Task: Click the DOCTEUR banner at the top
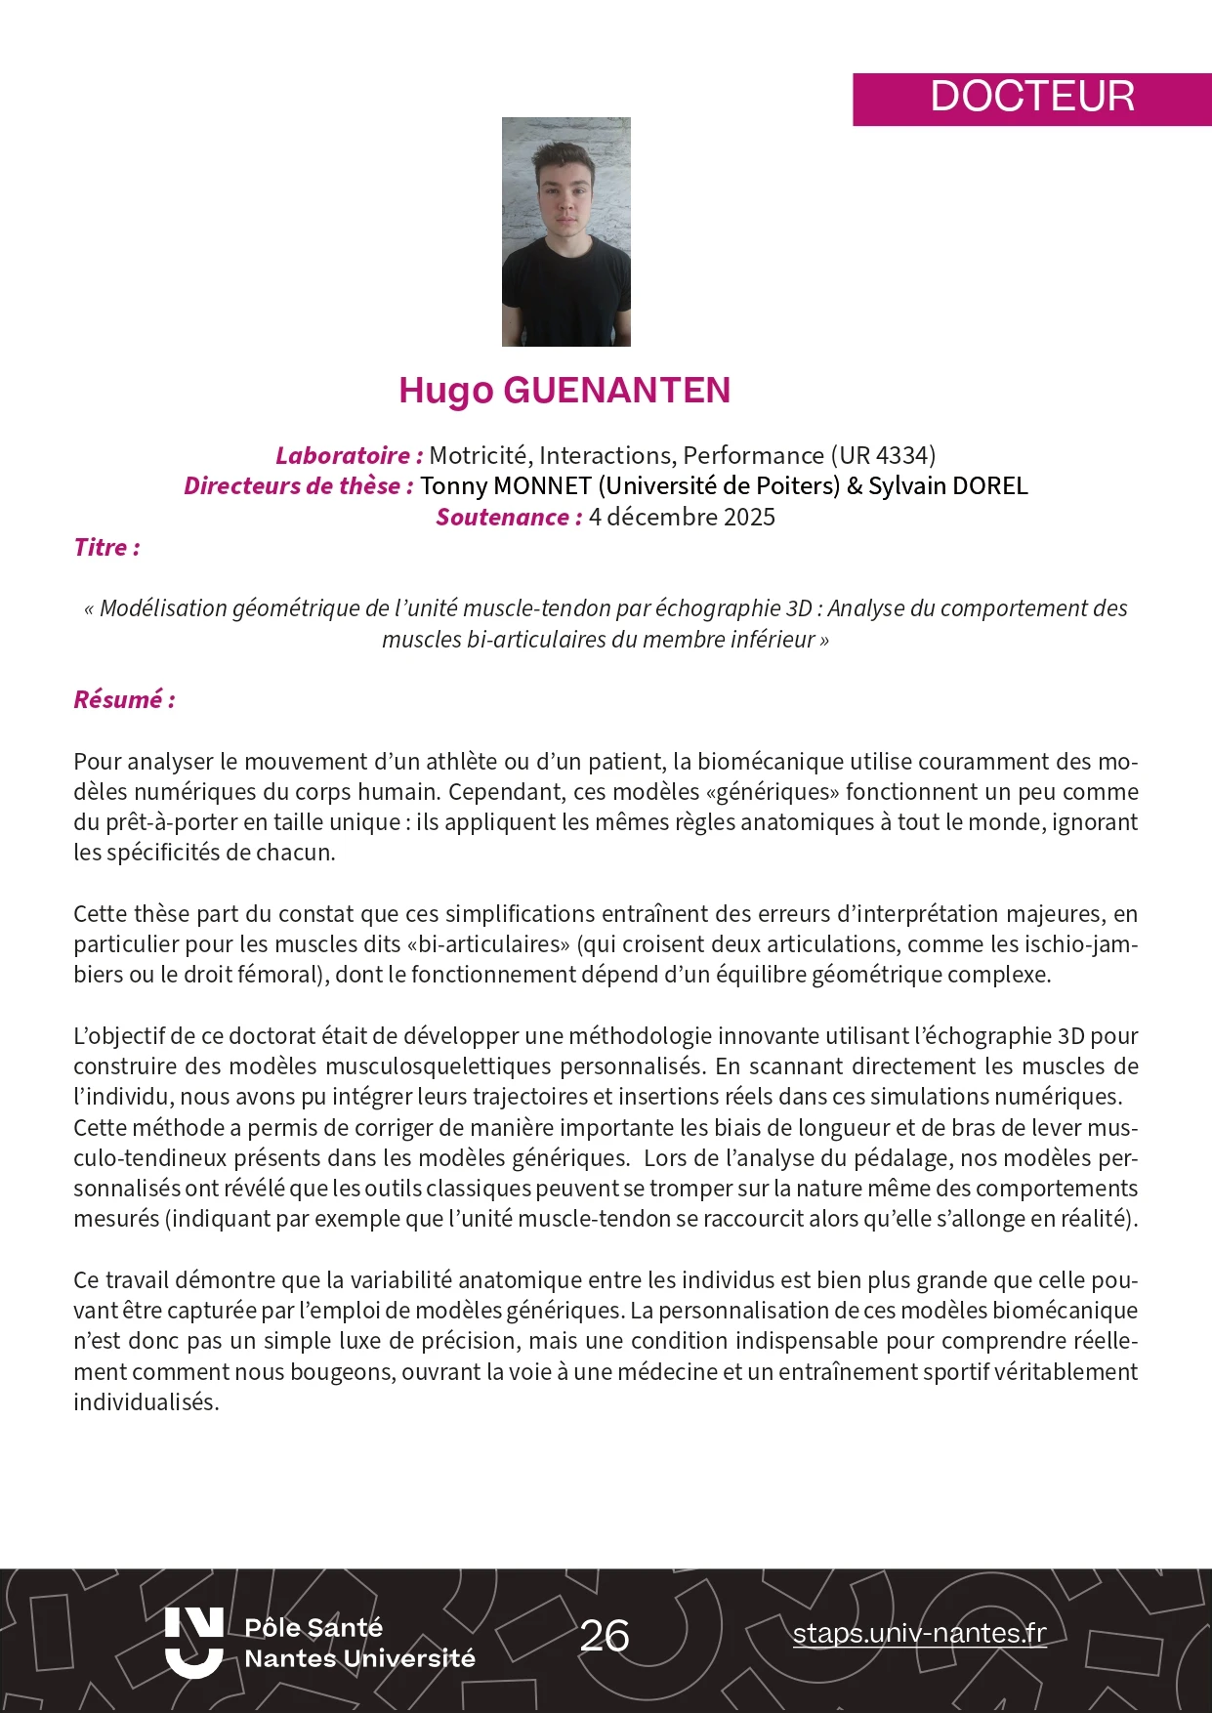pyautogui.click(x=1031, y=98)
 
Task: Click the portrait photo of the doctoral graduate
pyautogui.click(x=565, y=231)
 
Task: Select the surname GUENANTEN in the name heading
pyautogui.click(x=616, y=391)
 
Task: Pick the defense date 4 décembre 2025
pyautogui.click(x=682, y=517)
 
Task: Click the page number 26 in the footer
pyautogui.click(x=605, y=1636)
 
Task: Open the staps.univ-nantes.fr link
pyautogui.click(x=919, y=1633)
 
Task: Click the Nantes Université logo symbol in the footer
pyautogui.click(x=193, y=1642)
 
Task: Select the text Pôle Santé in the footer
pyautogui.click(x=313, y=1627)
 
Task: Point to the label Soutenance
pyautogui.click(x=508, y=517)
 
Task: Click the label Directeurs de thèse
pyautogui.click(x=298, y=485)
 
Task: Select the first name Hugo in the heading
pyautogui.click(x=445, y=391)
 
